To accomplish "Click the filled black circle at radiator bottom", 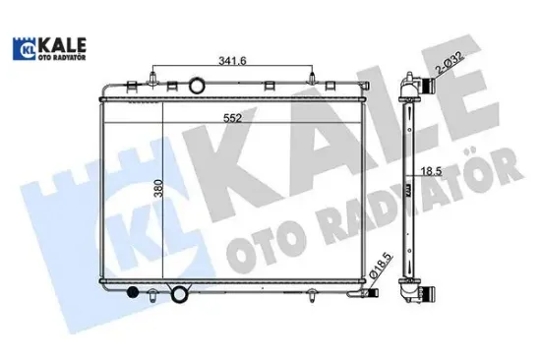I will coord(136,292).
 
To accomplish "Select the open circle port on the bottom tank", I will coord(180,293).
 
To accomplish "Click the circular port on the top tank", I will coord(200,86).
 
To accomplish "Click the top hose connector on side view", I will coord(425,88).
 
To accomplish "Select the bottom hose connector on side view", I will coord(425,291).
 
